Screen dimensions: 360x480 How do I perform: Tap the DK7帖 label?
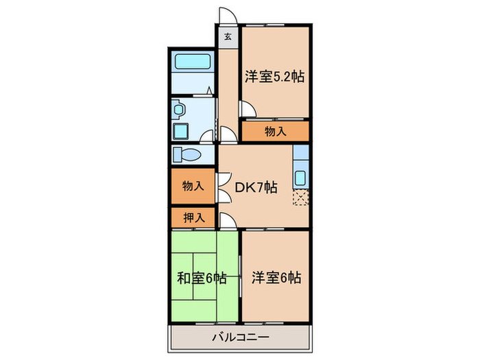257,186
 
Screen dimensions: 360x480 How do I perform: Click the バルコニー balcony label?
240,337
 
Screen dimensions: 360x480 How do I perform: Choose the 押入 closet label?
193,218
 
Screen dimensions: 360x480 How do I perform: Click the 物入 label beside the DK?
193,185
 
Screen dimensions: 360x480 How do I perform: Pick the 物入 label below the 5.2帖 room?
276,130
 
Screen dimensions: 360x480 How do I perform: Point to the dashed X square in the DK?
300,197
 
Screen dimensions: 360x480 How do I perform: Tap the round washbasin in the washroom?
179,108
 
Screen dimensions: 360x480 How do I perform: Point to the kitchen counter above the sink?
301,156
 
